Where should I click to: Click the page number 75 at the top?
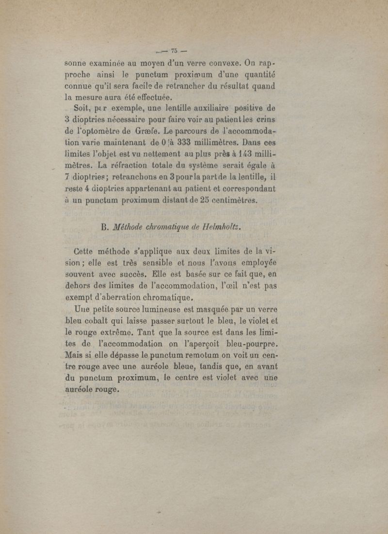coord(175,50)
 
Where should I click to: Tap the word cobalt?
coord(101,321)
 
